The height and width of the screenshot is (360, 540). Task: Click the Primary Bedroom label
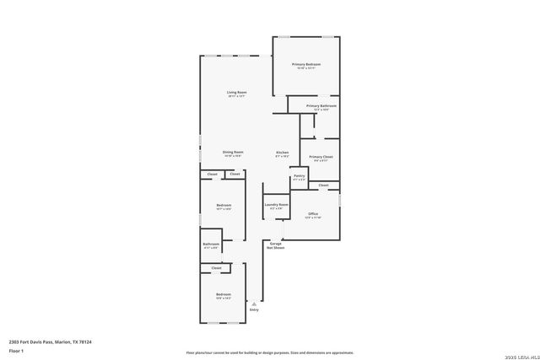306,65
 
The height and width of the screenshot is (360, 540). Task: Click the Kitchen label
283,153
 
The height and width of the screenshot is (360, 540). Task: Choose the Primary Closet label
321,157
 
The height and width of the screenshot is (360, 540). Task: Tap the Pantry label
300,176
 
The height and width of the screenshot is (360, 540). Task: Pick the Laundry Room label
277,204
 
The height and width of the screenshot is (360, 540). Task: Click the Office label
313,214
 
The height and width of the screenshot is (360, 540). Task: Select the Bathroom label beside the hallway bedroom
210,244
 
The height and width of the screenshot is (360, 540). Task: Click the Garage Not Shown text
276,245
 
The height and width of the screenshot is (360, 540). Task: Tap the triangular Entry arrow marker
253,304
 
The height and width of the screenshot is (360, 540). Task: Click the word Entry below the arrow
253,309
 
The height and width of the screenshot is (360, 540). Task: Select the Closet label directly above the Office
323,185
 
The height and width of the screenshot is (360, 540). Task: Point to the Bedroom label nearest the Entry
223,294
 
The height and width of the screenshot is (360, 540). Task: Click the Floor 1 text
16,350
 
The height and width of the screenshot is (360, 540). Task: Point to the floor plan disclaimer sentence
269,352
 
